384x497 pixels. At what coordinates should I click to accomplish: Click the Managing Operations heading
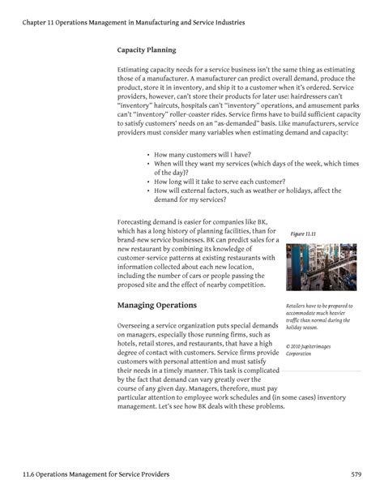[x=157, y=306]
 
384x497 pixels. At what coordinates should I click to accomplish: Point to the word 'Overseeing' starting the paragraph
[x=139, y=325]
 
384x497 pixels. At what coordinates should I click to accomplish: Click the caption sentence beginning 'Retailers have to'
[x=317, y=306]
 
